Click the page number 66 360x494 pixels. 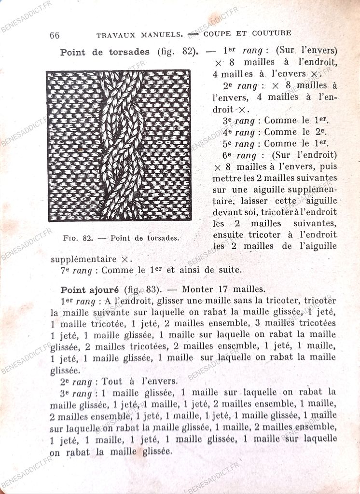tap(55, 35)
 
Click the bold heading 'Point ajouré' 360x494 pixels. tap(89, 289)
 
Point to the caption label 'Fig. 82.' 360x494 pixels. tap(78, 238)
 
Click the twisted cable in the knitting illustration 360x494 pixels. tap(121, 145)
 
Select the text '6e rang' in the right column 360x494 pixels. tap(239, 155)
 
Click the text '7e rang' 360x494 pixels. tap(76, 271)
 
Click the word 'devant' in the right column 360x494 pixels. tap(226, 212)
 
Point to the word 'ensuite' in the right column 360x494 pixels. tap(229, 235)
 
